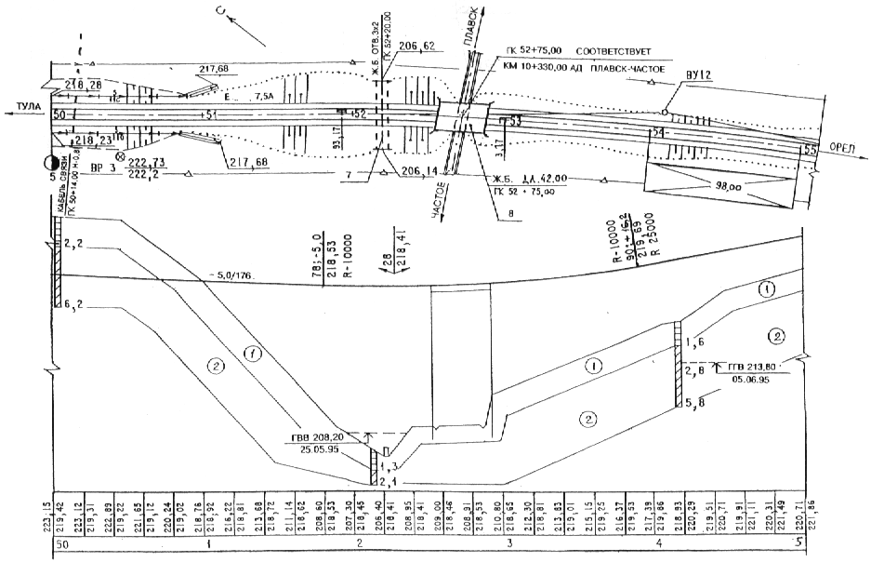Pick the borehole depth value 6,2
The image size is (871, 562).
click(75, 304)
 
